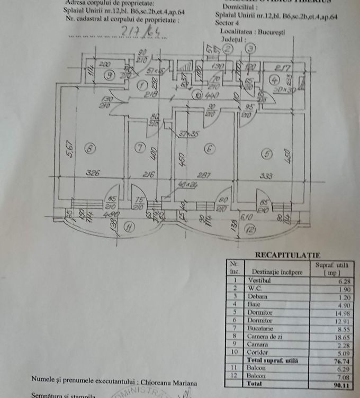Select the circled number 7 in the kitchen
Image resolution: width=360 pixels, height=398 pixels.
pyautogui.click(x=139, y=149)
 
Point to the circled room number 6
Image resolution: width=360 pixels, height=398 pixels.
pyautogui.click(x=210, y=149)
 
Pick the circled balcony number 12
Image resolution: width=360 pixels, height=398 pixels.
pyautogui.click(x=249, y=230)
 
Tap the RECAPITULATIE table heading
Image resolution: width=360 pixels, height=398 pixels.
pyautogui.click(x=283, y=255)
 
